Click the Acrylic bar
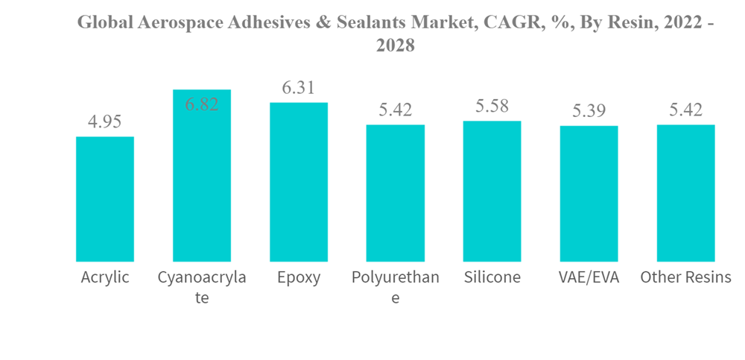point(105,199)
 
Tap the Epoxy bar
point(299,182)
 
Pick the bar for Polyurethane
point(396,193)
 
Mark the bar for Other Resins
point(685,193)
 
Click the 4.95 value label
point(105,122)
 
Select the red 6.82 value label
point(202,104)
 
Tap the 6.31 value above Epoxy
point(299,88)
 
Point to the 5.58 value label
point(492,107)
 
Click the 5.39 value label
point(589,112)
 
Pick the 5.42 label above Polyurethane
point(396,110)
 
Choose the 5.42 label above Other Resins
point(685,110)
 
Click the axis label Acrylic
point(105,278)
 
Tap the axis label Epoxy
point(299,278)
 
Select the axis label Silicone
point(492,278)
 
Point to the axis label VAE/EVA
point(589,278)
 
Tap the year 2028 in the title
point(396,46)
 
